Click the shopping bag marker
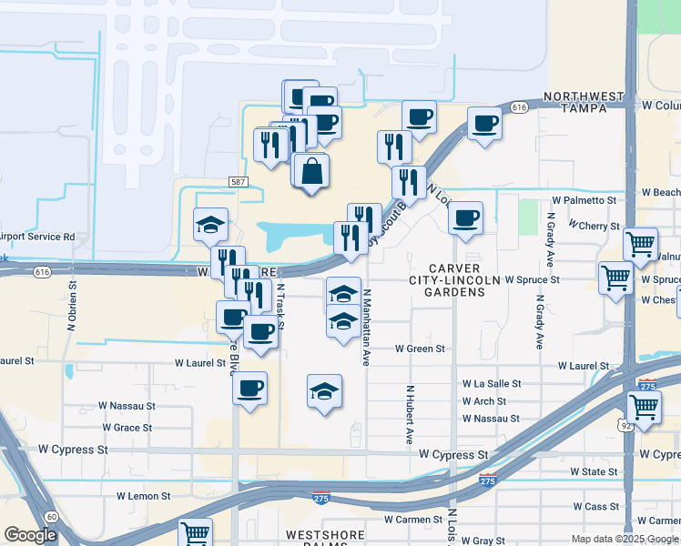(311, 170)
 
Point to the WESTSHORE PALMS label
(326, 534)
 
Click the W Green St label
(420, 349)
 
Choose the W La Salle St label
(492, 384)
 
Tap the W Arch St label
(483, 401)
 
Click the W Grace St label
(127, 427)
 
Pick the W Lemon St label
(143, 497)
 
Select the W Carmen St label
(412, 520)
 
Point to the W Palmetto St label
(584, 200)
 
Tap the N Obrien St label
(71, 308)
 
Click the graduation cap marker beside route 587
(210, 225)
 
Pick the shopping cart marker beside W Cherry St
(640, 244)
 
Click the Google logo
(31, 535)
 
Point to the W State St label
(594, 471)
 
